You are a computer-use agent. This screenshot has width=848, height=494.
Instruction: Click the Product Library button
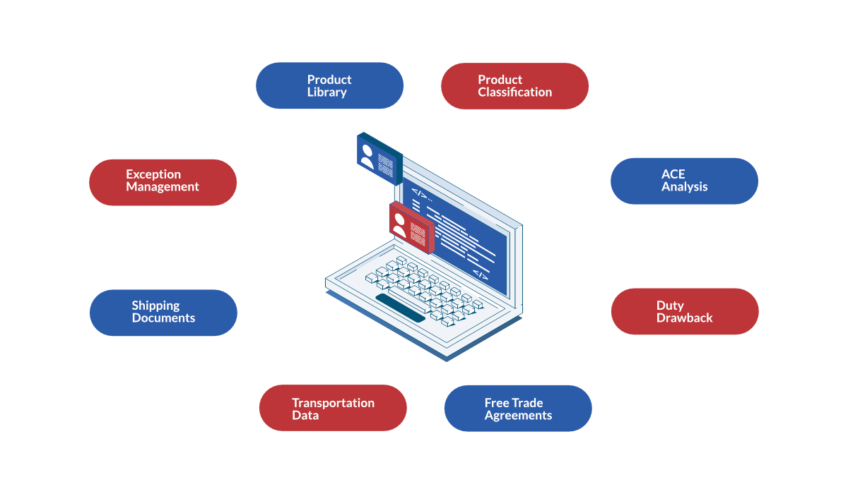[x=329, y=86]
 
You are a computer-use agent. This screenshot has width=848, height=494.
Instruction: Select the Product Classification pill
[x=514, y=86]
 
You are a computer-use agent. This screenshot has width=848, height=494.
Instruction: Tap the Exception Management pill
[x=163, y=183]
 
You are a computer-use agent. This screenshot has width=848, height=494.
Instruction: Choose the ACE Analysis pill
[x=684, y=181]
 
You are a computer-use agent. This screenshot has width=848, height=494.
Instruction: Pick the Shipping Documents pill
[x=163, y=313]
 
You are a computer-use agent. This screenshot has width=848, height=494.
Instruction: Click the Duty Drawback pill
[x=685, y=311]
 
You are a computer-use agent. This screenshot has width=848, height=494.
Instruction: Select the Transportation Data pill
[x=333, y=408]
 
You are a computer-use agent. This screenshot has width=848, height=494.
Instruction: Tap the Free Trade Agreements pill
[x=518, y=408]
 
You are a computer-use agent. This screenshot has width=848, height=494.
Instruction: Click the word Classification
[x=515, y=92]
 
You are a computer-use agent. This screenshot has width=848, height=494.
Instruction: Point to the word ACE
[x=673, y=174]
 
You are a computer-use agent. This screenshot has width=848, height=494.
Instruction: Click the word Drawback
[x=685, y=318]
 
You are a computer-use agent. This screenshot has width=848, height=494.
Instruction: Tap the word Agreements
[x=518, y=416]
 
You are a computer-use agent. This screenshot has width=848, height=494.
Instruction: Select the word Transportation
[x=333, y=403]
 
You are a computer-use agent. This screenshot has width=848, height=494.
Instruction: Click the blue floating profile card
[x=379, y=159]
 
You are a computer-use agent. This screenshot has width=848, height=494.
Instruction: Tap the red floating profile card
[x=412, y=227]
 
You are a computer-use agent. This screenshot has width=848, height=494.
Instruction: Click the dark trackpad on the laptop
[x=401, y=308]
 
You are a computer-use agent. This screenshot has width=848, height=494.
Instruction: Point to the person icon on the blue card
[x=367, y=156]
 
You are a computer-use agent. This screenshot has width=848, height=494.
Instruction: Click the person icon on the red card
[x=399, y=226]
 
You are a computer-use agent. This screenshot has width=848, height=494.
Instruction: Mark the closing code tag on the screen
[x=481, y=275]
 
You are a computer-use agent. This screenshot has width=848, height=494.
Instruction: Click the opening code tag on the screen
[x=420, y=194]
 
